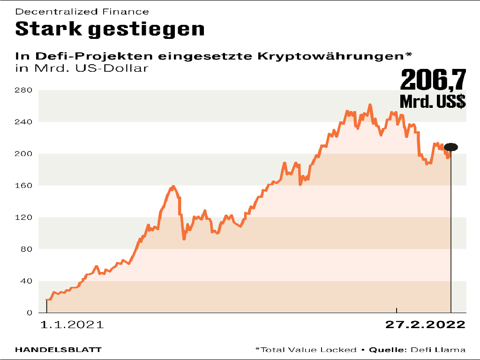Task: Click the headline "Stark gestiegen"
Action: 110,29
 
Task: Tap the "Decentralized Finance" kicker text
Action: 82,11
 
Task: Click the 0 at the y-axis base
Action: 29,313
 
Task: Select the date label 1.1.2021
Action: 72,325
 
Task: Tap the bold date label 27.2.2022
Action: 425,325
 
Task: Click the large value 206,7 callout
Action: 433,80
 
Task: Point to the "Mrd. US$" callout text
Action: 433,101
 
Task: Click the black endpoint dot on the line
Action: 451,147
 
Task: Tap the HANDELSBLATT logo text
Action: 59,350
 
